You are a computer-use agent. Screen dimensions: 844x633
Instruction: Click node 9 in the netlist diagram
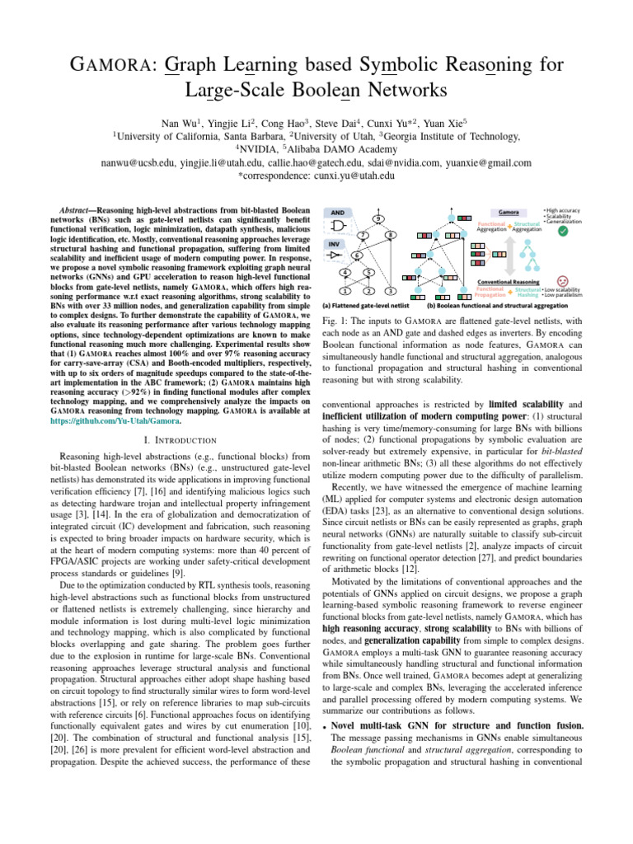pyautogui.click(x=377, y=218)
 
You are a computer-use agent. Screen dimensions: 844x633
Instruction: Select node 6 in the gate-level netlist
pyautogui.click(x=356, y=255)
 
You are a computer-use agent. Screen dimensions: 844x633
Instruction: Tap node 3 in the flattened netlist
pyautogui.click(x=390, y=291)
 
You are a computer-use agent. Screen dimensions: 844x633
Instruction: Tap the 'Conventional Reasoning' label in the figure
pyautogui.click(x=509, y=282)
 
